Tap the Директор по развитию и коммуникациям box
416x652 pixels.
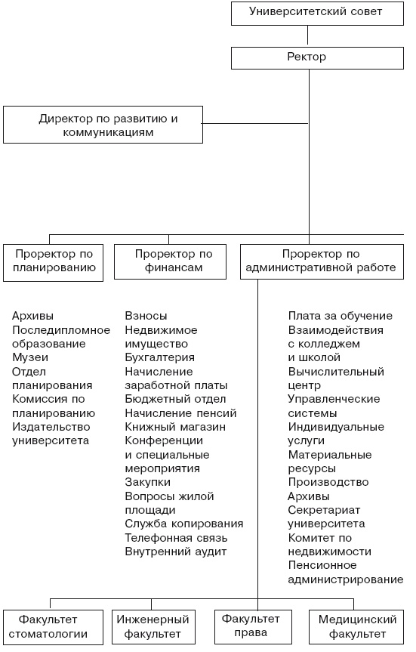point(103,125)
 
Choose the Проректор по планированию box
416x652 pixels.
point(53,261)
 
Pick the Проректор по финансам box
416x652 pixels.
point(173,261)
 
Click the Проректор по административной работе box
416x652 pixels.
point(321,261)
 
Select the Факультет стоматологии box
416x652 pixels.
point(53,626)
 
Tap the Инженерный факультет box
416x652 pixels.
point(153,626)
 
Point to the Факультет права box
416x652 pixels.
point(250,626)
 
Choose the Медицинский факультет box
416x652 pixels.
point(353,626)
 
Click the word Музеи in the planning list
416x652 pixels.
point(30,357)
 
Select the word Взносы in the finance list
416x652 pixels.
point(146,316)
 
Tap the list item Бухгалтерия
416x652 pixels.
point(159,357)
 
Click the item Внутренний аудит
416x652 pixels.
point(175,552)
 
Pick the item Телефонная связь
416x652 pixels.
point(176,538)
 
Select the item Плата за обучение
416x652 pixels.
point(340,316)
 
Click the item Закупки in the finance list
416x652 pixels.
point(147,482)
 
